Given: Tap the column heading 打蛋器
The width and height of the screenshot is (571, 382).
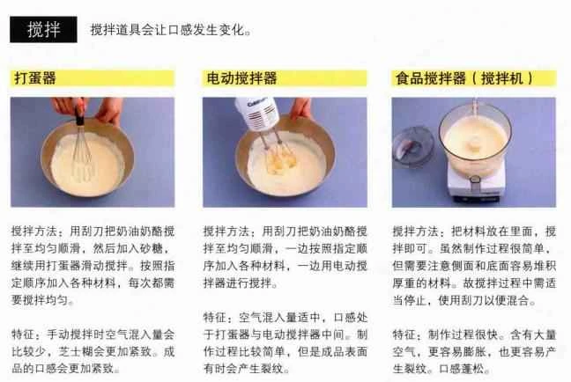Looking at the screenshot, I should click(x=36, y=78).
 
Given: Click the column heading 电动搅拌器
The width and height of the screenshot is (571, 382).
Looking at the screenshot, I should click(x=241, y=78).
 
